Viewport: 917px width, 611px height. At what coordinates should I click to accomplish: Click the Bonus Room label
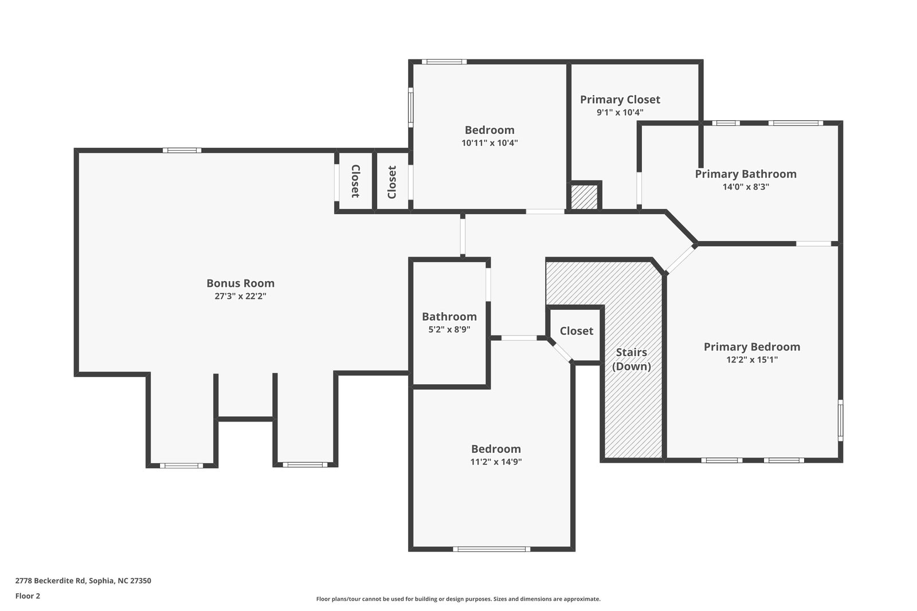(x=240, y=283)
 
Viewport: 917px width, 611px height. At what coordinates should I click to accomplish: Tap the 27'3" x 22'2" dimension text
(x=240, y=296)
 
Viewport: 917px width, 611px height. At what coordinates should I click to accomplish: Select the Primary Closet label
(x=620, y=100)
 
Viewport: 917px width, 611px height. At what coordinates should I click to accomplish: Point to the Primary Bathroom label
(x=746, y=174)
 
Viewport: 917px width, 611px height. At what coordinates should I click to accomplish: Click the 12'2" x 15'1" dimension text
(x=751, y=360)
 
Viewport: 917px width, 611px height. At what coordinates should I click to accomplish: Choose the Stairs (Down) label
(x=631, y=359)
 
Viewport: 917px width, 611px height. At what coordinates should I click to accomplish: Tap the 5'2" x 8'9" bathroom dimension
(x=449, y=329)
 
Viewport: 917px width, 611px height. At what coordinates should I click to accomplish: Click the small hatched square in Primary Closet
(x=584, y=197)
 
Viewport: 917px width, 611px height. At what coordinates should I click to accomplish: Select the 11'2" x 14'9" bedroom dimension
(x=496, y=462)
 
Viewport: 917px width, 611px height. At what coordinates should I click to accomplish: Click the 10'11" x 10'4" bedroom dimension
(x=489, y=143)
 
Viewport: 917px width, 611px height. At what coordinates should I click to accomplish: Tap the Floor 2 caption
(x=28, y=596)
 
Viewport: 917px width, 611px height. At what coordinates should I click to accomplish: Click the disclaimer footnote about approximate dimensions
(x=458, y=599)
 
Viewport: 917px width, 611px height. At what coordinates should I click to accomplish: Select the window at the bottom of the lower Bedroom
(x=491, y=549)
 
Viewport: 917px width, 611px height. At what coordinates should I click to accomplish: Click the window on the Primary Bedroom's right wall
(x=840, y=420)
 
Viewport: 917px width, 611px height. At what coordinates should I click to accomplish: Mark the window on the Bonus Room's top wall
(x=182, y=151)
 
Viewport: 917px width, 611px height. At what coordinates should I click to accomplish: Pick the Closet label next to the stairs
(x=577, y=331)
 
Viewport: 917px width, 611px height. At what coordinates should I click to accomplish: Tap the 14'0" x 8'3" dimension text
(x=746, y=187)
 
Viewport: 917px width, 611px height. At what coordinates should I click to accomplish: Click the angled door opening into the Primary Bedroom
(x=680, y=259)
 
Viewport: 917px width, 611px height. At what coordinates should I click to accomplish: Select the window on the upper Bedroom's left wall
(x=410, y=108)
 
